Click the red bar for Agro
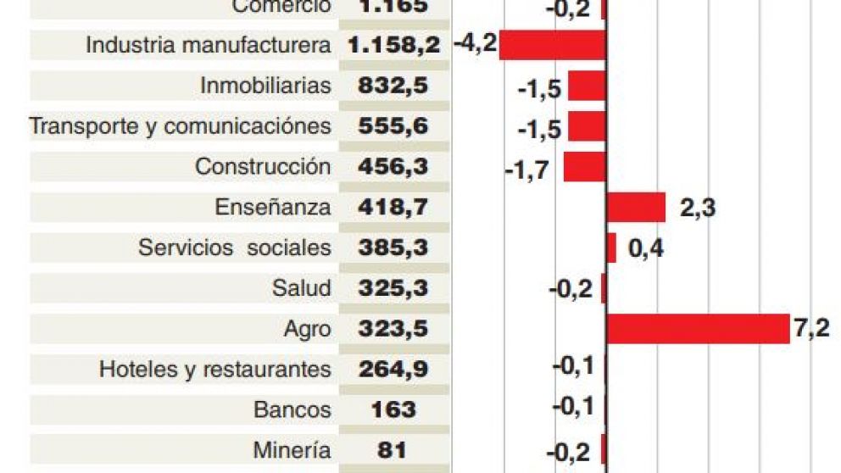[698, 329]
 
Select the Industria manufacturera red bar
[552, 45]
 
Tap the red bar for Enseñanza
[636, 207]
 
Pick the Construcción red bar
[584, 167]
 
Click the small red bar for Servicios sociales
[611, 248]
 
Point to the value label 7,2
[810, 329]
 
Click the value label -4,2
[475, 42]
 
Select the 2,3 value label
[697, 208]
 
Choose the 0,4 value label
[645, 248]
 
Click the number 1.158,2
[393, 46]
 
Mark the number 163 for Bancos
[393, 410]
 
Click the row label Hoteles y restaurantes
[214, 370]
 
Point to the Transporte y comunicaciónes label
[180, 126]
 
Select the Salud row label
[301, 288]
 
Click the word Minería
[292, 450]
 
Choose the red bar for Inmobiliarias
[587, 86]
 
